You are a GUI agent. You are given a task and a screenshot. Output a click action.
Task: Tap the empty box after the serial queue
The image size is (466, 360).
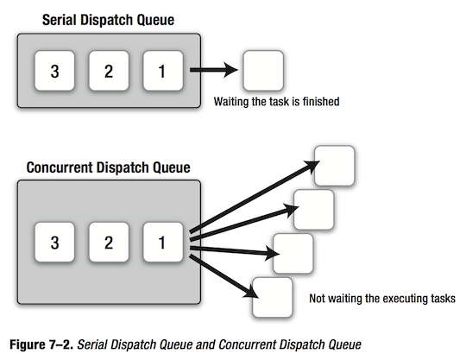tap(263, 70)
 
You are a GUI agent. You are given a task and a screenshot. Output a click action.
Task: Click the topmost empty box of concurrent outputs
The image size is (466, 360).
tap(335, 166)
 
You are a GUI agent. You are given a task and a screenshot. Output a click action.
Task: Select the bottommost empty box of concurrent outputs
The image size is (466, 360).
tap(270, 298)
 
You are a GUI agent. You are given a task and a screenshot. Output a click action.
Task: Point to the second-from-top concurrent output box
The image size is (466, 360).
tap(313, 209)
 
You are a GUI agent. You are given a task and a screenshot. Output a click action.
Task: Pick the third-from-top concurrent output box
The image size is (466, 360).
tap(293, 253)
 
